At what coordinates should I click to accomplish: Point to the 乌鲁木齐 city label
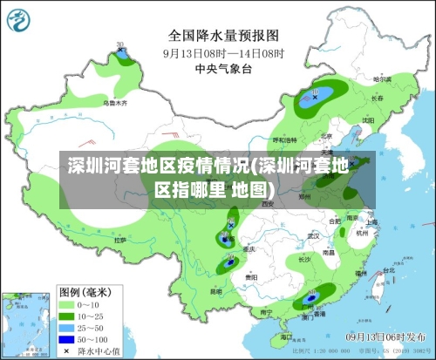coord(115,103)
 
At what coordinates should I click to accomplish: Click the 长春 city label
coord(375,98)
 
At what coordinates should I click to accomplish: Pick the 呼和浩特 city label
coord(284,139)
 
